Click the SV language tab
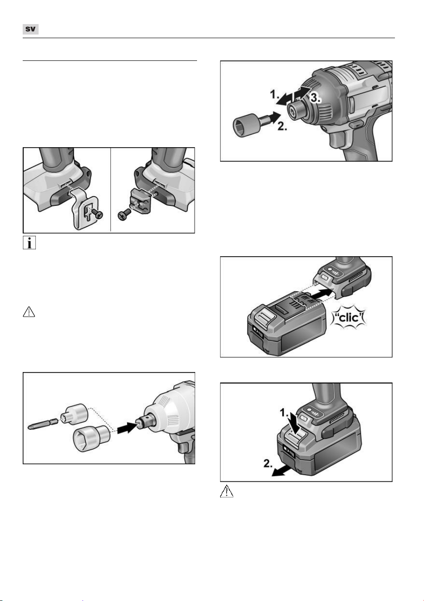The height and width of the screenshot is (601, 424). pos(30,29)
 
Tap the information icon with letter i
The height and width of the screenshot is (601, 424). pos(29,243)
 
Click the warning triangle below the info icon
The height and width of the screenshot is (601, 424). pos(29,312)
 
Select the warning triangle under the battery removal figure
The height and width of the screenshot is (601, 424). pos(227,491)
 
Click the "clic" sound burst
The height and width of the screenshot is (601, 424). pos(349,318)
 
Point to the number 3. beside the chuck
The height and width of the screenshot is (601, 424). pos(316,98)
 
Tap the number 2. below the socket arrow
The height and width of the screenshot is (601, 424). pos(282,126)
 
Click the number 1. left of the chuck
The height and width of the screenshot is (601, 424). pos(275,94)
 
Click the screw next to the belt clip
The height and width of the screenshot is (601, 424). pos(97,214)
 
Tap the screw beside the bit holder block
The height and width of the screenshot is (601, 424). pos(124,215)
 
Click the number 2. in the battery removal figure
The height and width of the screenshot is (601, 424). pos(268,464)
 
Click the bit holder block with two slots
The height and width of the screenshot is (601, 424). pos(140,200)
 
